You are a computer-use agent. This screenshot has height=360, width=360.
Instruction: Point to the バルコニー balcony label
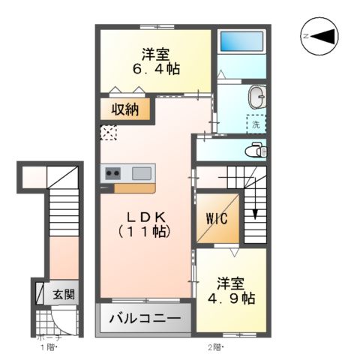[145, 319]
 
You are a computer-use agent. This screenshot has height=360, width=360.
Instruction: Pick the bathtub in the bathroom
[241, 43]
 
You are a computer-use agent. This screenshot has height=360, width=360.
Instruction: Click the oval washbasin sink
[257, 96]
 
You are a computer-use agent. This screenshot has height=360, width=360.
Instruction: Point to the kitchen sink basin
[142, 172]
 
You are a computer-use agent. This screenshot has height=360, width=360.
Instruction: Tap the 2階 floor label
[215, 346]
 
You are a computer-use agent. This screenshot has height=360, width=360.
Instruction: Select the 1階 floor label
[49, 346]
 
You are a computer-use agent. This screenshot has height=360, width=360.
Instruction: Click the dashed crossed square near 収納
[109, 133]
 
